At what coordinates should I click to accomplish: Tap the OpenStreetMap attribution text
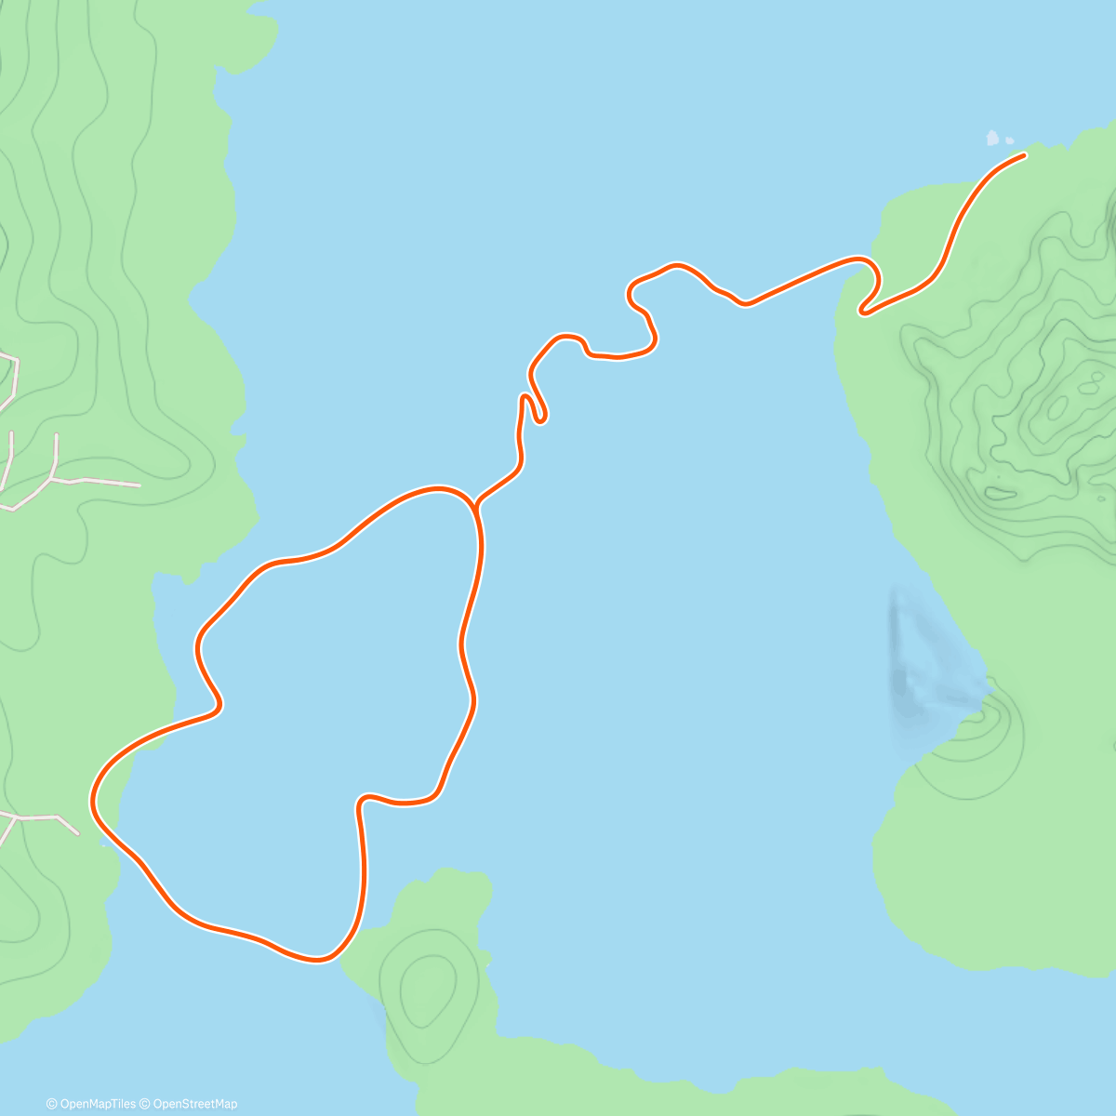coord(194,1104)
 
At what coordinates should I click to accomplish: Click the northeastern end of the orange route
coord(1024,155)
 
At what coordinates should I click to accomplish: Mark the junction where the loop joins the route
coord(476,507)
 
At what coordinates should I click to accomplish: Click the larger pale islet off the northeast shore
coord(992,139)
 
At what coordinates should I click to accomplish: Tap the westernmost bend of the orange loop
coord(93,800)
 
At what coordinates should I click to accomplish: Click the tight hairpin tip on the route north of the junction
coord(541,418)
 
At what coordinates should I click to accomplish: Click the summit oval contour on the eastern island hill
coord(1057,406)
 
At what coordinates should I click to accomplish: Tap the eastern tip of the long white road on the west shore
coord(139,485)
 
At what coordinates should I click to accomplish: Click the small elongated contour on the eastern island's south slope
coord(1000,491)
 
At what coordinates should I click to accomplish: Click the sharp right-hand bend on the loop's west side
coord(219,707)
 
